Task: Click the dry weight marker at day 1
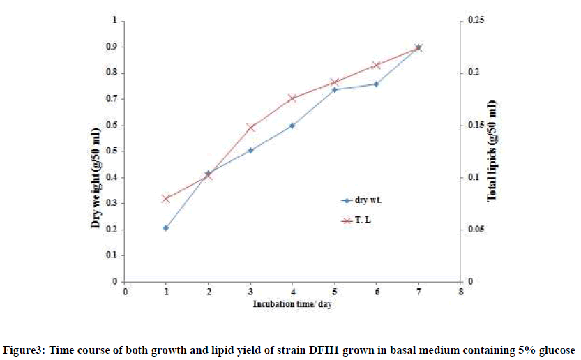(166, 228)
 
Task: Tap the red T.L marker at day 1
(166, 199)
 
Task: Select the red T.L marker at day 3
(250, 128)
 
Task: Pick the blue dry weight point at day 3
(250, 150)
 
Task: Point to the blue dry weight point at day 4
(292, 126)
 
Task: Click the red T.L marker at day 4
(292, 98)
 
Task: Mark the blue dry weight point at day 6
(376, 84)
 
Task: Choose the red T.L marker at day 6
(376, 65)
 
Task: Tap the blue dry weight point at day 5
(334, 90)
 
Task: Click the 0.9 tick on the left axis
(111, 47)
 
